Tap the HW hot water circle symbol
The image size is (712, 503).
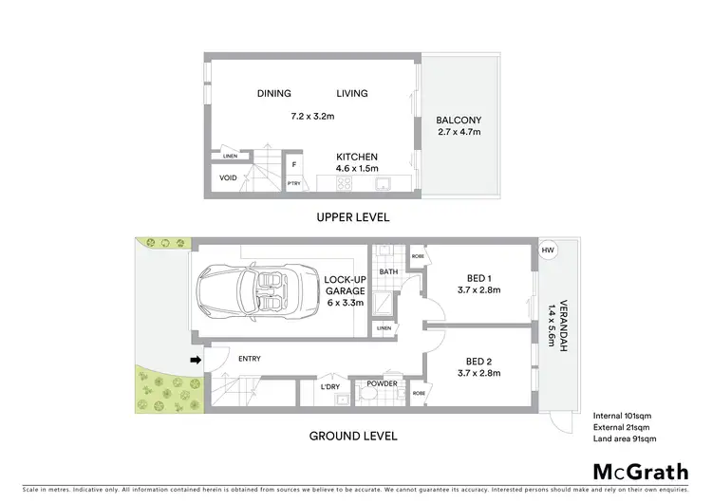(547, 251)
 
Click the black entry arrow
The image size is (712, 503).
(196, 360)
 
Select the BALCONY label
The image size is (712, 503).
(459, 120)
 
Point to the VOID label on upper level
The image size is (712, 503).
(228, 177)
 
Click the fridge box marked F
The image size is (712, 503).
(294, 164)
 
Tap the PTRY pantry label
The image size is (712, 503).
(294, 184)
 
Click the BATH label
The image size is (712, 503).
(388, 271)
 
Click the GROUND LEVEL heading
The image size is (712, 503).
(352, 437)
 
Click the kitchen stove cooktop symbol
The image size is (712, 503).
(342, 183)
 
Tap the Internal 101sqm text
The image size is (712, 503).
(621, 416)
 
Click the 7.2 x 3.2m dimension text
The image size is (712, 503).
(312, 116)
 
